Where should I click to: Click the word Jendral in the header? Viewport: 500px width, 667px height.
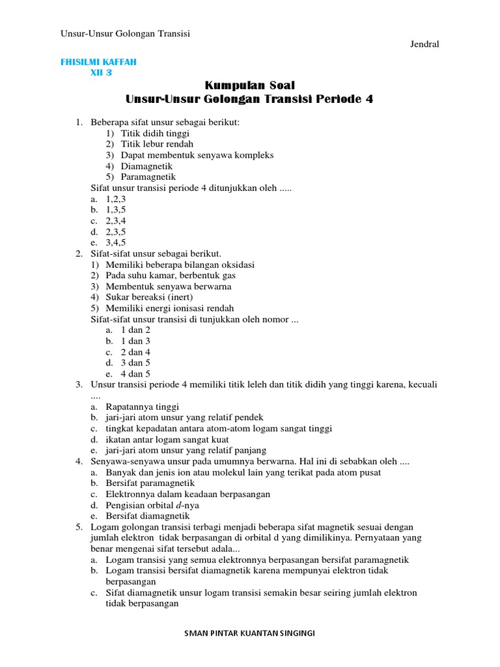point(424,44)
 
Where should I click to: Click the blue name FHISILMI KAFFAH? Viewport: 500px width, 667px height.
point(98,62)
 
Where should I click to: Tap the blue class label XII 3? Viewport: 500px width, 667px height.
point(101,73)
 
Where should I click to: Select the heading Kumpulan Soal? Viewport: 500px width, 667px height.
point(250,85)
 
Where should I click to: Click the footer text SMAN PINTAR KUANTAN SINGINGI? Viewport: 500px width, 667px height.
point(250,633)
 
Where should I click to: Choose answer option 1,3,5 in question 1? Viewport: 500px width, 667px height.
point(116,210)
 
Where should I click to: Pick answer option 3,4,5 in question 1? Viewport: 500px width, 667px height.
point(116,242)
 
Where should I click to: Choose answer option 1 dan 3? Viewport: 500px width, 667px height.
point(135,341)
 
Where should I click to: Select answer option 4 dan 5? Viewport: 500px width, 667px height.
point(135,374)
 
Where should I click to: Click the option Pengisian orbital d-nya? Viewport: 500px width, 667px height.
point(154,505)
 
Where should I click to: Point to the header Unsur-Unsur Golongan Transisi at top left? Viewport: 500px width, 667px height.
point(130,33)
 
